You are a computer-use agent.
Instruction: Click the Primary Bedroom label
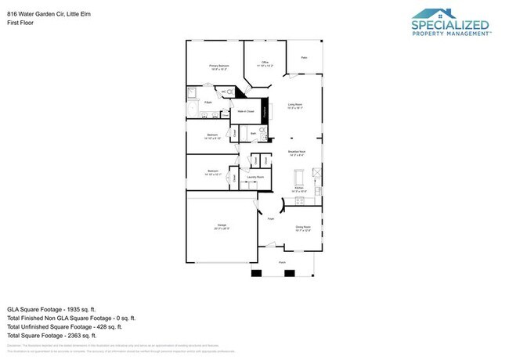click(x=218, y=67)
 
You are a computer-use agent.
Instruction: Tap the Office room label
click(x=265, y=63)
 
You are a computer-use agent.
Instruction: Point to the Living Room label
click(x=296, y=106)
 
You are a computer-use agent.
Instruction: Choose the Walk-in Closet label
click(x=248, y=112)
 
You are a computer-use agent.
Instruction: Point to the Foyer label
click(x=271, y=220)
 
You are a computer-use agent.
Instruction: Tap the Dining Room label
click(x=303, y=229)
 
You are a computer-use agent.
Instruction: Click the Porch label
click(x=282, y=263)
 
